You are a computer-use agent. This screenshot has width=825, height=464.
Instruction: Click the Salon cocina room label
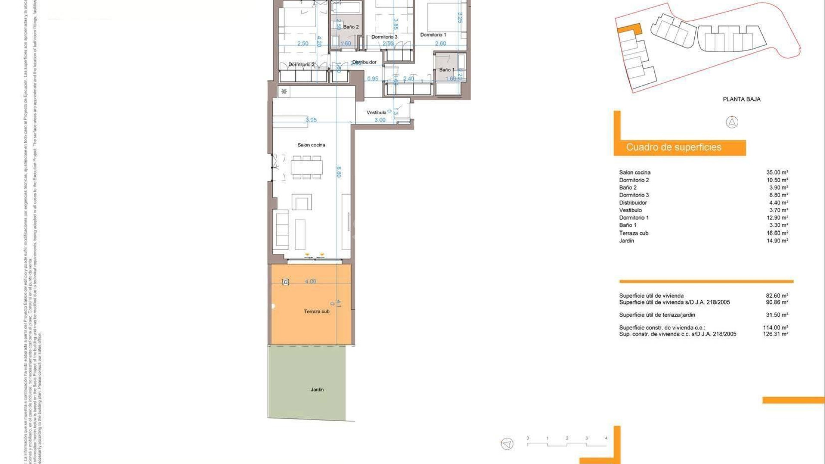click(x=311, y=145)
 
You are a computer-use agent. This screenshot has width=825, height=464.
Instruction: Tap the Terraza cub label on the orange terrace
click(x=317, y=311)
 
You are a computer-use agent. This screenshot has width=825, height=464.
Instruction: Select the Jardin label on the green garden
click(x=317, y=390)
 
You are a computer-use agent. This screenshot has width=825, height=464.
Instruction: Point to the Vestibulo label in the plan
click(x=376, y=113)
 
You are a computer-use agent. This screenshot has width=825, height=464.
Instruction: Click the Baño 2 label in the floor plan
click(x=351, y=27)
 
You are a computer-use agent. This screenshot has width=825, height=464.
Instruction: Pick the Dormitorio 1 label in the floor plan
click(x=433, y=35)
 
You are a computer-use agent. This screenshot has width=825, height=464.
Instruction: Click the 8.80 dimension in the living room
click(x=339, y=172)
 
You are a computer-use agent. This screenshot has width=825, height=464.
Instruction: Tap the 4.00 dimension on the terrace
click(x=311, y=281)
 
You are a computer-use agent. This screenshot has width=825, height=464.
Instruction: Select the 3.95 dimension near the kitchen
click(x=311, y=120)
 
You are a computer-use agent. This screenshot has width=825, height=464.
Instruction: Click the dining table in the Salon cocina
click(x=306, y=167)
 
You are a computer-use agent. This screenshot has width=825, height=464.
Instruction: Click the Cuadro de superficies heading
click(x=674, y=147)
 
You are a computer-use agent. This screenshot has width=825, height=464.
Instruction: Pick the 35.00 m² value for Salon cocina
click(x=777, y=172)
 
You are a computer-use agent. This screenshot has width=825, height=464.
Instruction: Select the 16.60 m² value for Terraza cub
click(x=777, y=233)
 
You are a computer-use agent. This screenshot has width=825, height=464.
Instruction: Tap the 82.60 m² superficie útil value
click(x=777, y=296)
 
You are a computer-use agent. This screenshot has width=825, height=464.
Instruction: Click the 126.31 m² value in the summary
click(x=776, y=334)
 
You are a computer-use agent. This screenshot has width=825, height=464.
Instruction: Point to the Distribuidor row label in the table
click(x=633, y=203)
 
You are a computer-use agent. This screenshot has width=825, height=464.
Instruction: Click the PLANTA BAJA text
click(x=742, y=99)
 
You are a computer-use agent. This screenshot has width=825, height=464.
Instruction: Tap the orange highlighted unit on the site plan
click(x=629, y=30)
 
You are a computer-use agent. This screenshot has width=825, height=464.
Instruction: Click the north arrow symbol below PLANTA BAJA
click(x=732, y=122)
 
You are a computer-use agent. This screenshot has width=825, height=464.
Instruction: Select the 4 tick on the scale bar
click(x=606, y=439)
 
